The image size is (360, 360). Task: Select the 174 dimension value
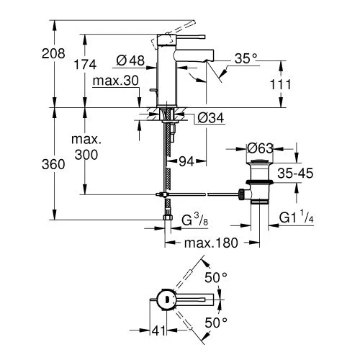point(85,64)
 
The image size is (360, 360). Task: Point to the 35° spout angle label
point(245,60)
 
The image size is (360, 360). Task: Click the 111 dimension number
point(281,85)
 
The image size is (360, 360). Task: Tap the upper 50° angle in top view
point(216,276)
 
